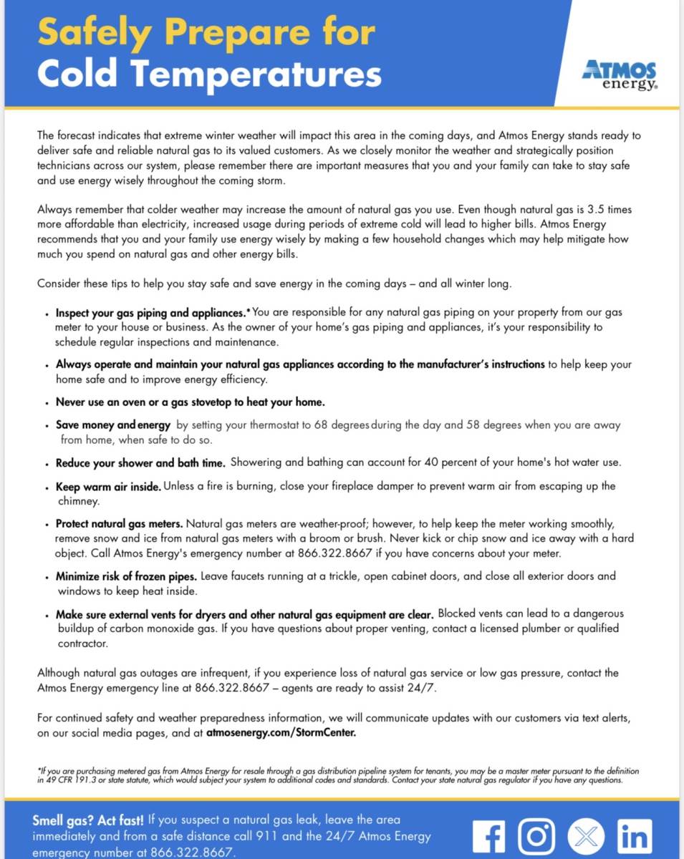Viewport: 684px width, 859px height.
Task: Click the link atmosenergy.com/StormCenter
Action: point(282,733)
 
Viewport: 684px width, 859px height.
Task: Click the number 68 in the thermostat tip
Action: point(320,424)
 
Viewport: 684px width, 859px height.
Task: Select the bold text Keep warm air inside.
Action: point(108,487)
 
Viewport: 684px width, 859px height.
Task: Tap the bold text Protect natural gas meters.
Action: point(120,524)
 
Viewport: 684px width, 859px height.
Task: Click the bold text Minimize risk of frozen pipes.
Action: point(127,576)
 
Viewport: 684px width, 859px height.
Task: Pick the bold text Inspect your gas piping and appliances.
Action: point(150,313)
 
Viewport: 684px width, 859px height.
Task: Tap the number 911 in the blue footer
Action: point(285,835)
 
